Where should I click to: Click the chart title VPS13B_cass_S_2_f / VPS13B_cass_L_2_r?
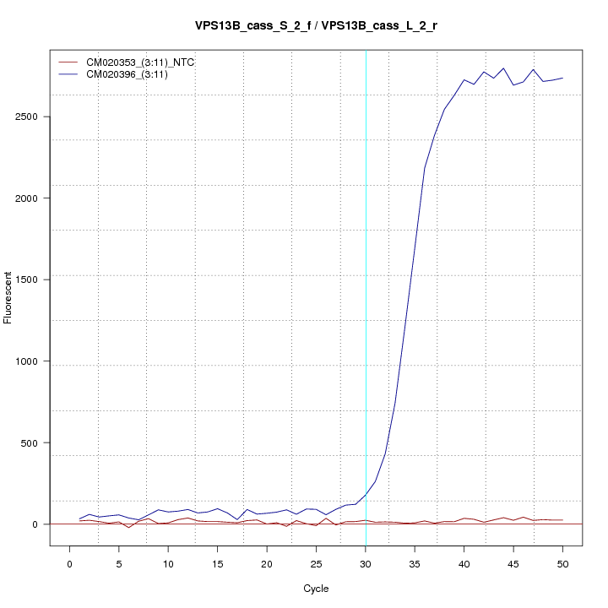pos(316,26)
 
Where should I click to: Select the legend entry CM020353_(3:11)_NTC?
pos(140,62)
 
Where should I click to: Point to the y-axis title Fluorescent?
pos(8,296)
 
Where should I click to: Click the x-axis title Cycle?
pos(316,589)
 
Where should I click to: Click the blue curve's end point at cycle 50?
pos(562,78)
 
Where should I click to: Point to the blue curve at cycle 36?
pos(425,168)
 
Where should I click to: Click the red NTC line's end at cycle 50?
pos(562,520)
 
